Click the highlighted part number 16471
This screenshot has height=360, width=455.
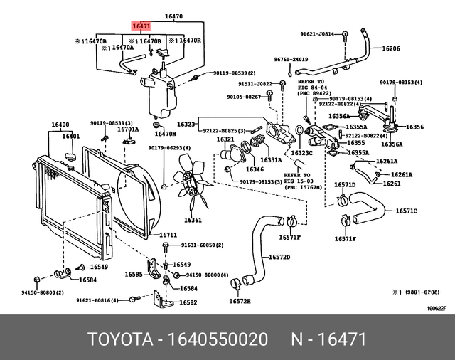pyautogui.click(x=140, y=25)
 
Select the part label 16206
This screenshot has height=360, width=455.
pyautogui.click(x=392, y=49)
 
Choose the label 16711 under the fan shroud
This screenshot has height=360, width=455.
pyautogui.click(x=168, y=235)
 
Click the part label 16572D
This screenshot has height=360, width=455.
pyautogui.click(x=279, y=257)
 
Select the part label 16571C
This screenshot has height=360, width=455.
pyautogui.click(x=406, y=211)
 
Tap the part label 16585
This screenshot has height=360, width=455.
pyautogui.click(x=134, y=273)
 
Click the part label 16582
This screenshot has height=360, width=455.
pyautogui.click(x=188, y=302)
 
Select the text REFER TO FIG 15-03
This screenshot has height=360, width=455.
pyautogui.click(x=297, y=176)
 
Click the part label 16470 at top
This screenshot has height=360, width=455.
pyautogui.click(x=173, y=16)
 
